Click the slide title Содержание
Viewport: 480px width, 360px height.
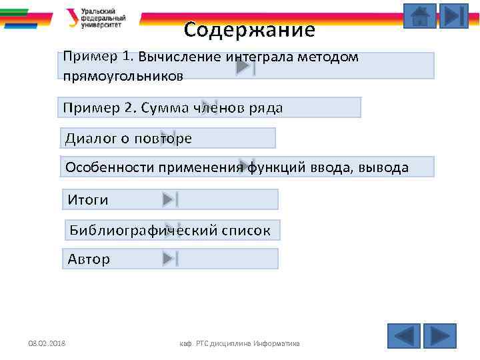click(x=249, y=30)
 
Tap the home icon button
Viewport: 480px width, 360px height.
click(x=420, y=16)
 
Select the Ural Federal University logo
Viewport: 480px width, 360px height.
click(x=101, y=18)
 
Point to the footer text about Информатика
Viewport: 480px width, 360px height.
click(x=239, y=343)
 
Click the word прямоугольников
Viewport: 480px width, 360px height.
click(x=123, y=76)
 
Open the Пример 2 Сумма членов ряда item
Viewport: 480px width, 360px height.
click(x=173, y=108)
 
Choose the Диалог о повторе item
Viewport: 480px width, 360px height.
click(x=129, y=139)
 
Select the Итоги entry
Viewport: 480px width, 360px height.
click(x=87, y=200)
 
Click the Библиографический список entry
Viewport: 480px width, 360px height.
click(x=170, y=231)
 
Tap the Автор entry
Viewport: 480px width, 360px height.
click(x=89, y=259)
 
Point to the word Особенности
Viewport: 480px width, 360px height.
click(x=111, y=167)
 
